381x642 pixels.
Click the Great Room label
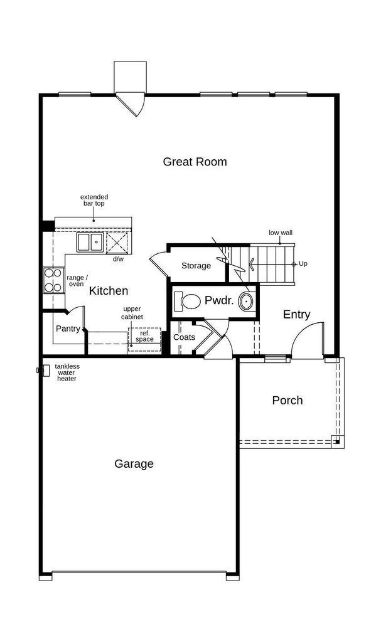pos(195,162)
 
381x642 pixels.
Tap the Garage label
pos(134,464)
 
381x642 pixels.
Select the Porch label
pos(287,400)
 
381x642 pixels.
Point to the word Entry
pos(296,315)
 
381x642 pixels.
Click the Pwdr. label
pos(219,300)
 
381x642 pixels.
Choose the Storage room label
pos(196,266)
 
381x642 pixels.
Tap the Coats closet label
pos(184,337)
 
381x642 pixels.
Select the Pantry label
pos(68,329)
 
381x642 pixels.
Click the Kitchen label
pos(109,291)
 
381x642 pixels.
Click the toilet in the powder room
pos(187,301)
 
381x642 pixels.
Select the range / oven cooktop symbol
pos(54,280)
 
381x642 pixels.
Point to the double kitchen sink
pos(90,242)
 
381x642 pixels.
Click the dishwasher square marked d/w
pos(117,243)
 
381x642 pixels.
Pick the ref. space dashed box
pos(144,339)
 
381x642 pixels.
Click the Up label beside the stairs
pos(303,264)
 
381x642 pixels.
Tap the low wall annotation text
pos(281,233)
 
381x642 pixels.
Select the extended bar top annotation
pos(94,200)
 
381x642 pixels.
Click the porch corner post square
pos(336,441)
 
